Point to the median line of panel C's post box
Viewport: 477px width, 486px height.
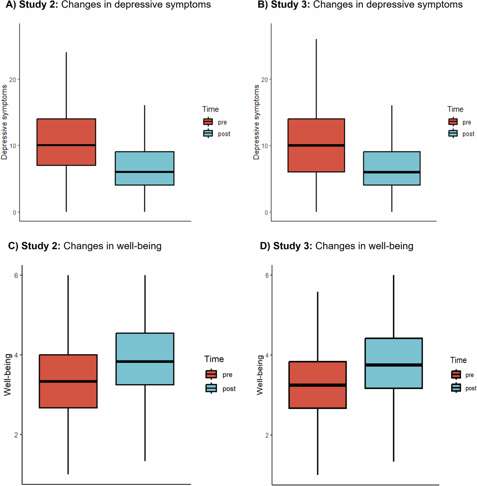tap(145, 361)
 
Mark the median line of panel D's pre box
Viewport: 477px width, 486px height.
tap(318, 385)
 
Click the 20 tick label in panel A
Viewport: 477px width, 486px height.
tap(13, 79)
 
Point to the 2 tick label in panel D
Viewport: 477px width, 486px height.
tap(267, 435)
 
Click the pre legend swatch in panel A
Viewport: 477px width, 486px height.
tap(208, 122)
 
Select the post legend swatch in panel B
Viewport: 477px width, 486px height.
tap(453, 134)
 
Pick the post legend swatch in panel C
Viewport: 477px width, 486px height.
tap(211, 388)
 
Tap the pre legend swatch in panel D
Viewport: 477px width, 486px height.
tap(456, 375)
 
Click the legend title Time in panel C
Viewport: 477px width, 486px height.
tap(214, 359)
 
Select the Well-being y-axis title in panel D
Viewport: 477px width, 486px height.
tap(260, 375)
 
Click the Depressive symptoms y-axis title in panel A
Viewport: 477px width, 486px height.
tap(4, 122)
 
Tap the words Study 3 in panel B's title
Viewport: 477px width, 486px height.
tap(291, 5)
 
